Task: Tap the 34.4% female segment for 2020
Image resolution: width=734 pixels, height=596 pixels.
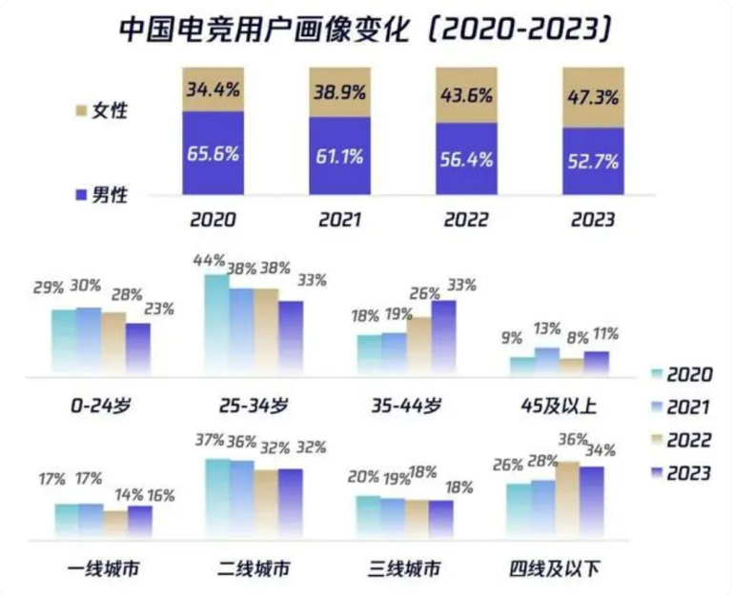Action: (213, 89)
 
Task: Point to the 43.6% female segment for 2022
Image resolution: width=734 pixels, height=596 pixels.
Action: (465, 95)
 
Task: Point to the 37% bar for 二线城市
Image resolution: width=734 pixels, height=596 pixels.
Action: (216, 494)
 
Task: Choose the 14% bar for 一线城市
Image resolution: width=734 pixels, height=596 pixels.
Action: (115, 524)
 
